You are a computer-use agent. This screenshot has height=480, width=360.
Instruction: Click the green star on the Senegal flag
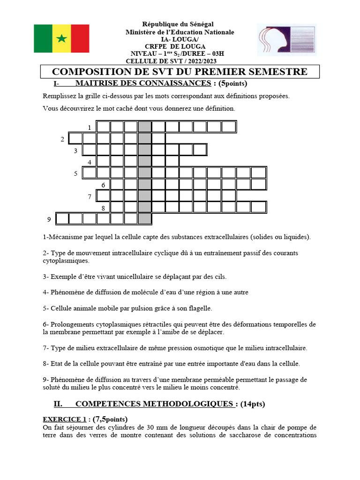tap(61, 38)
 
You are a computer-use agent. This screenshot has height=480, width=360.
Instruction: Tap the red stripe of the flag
tap(80, 38)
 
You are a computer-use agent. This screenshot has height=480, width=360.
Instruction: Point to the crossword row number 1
tap(90, 127)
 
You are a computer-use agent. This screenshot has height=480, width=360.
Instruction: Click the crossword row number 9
tap(49, 219)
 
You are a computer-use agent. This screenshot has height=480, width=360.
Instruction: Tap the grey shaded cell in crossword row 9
tap(145, 218)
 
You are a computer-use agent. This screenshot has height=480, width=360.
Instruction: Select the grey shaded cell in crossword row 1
tap(145, 127)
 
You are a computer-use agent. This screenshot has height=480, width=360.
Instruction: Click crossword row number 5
tap(75, 173)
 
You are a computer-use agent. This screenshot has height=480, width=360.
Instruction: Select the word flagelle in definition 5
tap(199, 308)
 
